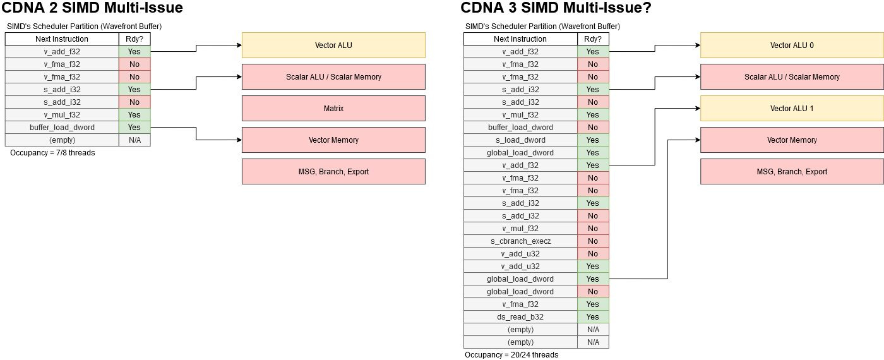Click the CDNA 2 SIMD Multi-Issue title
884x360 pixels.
click(93, 9)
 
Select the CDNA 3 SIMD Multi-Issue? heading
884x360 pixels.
click(556, 9)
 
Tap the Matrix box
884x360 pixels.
click(333, 109)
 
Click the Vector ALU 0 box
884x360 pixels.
click(792, 45)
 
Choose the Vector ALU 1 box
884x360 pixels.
click(792, 109)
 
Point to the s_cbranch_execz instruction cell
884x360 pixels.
click(520, 241)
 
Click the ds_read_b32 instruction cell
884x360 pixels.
click(520, 317)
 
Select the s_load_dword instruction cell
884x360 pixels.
click(520, 140)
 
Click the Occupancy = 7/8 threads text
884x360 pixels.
click(52, 153)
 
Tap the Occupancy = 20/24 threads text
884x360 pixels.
click(511, 355)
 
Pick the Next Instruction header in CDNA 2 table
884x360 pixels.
click(62, 39)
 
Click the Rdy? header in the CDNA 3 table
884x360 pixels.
click(593, 39)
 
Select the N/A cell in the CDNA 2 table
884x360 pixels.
click(134, 140)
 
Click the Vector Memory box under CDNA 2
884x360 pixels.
click(333, 140)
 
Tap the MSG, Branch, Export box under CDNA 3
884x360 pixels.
click(792, 172)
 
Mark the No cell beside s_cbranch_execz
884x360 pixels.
click(593, 241)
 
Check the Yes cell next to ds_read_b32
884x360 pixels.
click(593, 317)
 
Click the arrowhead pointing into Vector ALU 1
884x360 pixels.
click(697, 109)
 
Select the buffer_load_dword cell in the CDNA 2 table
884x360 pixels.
click(62, 128)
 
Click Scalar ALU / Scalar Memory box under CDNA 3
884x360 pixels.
click(792, 77)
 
